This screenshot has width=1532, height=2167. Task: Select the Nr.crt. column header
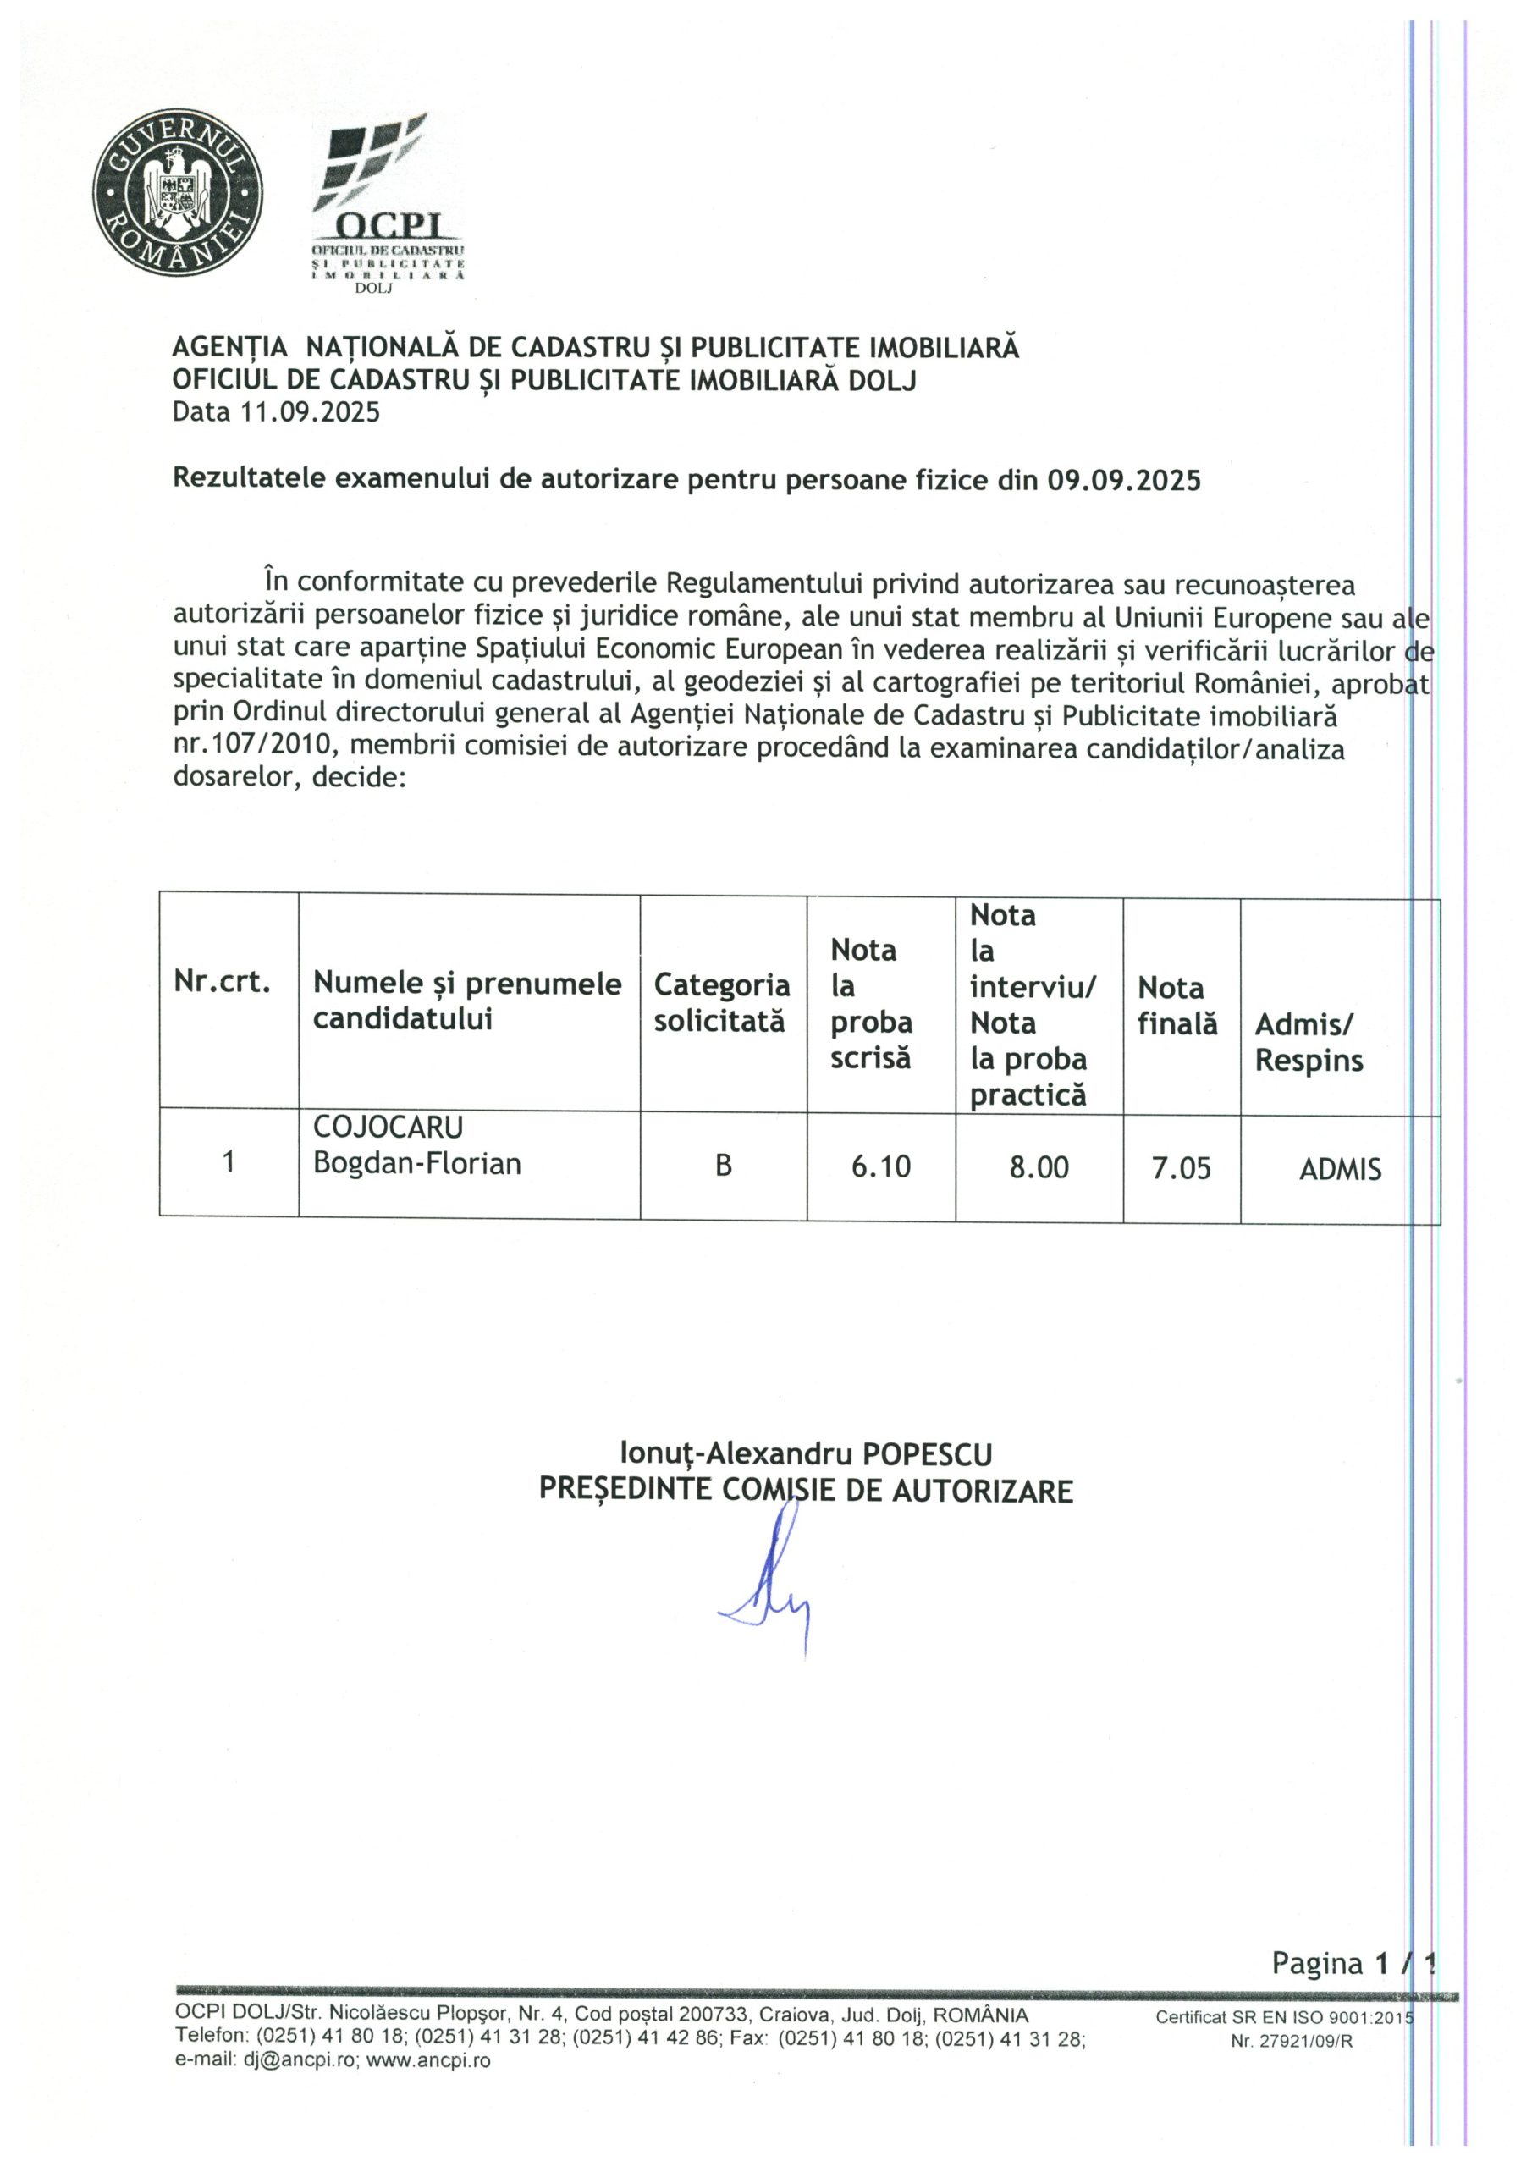click(x=222, y=983)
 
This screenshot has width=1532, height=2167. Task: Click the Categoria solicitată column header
click(x=721, y=1002)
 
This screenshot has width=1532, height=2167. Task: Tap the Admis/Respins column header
click(x=1309, y=1042)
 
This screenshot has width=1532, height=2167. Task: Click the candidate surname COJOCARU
click(x=388, y=1128)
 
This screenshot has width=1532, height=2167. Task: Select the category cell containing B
click(x=723, y=1166)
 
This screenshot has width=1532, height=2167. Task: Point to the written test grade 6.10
click(x=880, y=1167)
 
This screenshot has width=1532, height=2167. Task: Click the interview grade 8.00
click(x=1039, y=1168)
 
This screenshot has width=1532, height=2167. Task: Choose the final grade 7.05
click(x=1181, y=1169)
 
